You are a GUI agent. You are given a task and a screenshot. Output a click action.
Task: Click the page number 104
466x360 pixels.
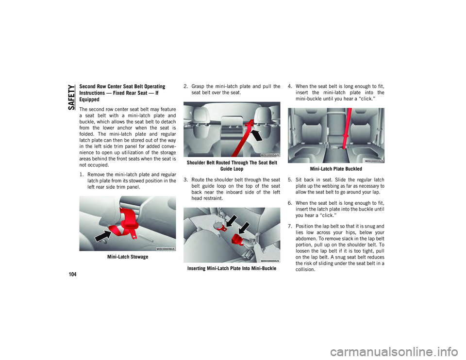tap(72, 274)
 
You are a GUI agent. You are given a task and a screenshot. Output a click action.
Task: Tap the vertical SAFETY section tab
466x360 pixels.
tap(71, 97)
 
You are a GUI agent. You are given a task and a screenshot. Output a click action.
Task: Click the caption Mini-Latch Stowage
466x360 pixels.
tap(128, 257)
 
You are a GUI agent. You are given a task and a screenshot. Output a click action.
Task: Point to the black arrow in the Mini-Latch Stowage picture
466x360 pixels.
tap(103, 235)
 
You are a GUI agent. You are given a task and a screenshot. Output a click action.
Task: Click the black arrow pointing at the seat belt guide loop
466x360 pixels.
tap(257, 135)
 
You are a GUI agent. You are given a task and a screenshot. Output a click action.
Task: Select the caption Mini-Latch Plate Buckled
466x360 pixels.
tap(336, 169)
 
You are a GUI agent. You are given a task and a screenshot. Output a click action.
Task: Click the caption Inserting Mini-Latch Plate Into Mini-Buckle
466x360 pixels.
tap(232, 268)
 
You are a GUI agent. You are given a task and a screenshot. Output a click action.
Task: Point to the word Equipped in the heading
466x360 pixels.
tap(89, 99)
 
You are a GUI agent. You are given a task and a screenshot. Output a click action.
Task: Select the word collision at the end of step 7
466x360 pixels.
tap(305, 270)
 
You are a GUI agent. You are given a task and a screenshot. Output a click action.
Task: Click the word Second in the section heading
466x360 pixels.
tap(87, 86)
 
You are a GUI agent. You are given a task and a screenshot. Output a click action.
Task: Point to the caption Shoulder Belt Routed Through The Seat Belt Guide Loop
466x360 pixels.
tap(232, 166)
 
